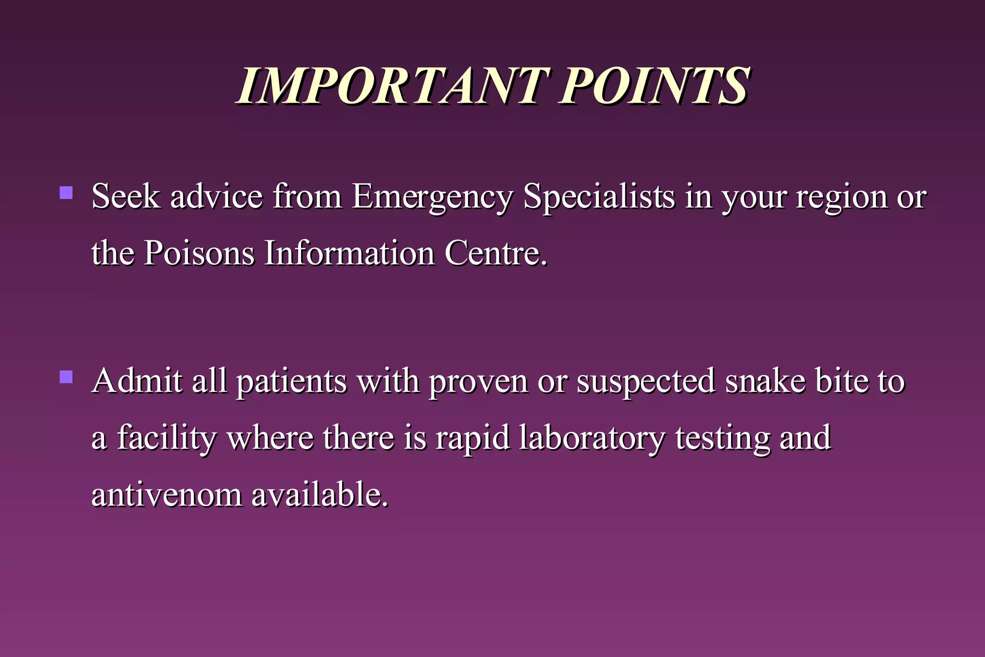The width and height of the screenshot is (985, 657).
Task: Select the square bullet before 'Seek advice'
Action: [x=66, y=193]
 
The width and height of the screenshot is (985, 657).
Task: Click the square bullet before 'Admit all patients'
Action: [x=66, y=377]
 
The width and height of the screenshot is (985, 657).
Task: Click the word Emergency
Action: [x=432, y=197]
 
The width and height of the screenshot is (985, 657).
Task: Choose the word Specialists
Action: [x=599, y=197]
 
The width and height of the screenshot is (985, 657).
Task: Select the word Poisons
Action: [x=199, y=253]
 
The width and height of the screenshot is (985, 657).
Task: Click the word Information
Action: [x=350, y=253]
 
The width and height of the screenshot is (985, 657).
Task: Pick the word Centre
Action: [x=495, y=253]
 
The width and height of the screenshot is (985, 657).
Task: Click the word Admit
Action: [x=137, y=380]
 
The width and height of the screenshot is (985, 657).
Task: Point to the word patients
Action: [x=291, y=381]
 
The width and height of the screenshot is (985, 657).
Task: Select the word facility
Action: [x=166, y=438]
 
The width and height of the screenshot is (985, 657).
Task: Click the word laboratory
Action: [x=592, y=438]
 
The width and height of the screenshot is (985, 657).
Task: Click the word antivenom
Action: [x=167, y=495]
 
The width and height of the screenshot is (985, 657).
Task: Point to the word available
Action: [x=319, y=495]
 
